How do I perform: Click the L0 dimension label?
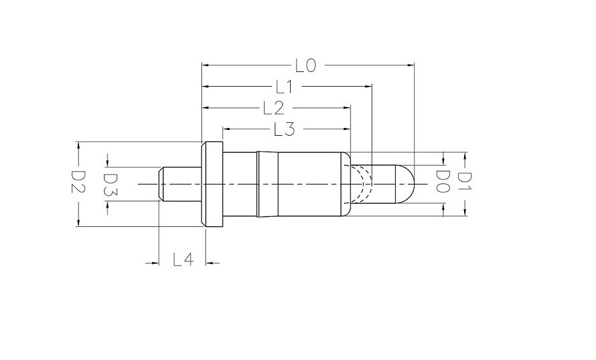point(305,65)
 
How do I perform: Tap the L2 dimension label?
point(273,108)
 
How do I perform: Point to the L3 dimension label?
point(284,129)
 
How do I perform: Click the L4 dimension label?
point(183,260)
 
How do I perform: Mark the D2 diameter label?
point(78,183)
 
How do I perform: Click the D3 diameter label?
point(109,184)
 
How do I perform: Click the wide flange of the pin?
point(212,184)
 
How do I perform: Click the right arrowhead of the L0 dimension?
point(411,64)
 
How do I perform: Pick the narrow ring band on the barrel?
point(258,184)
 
